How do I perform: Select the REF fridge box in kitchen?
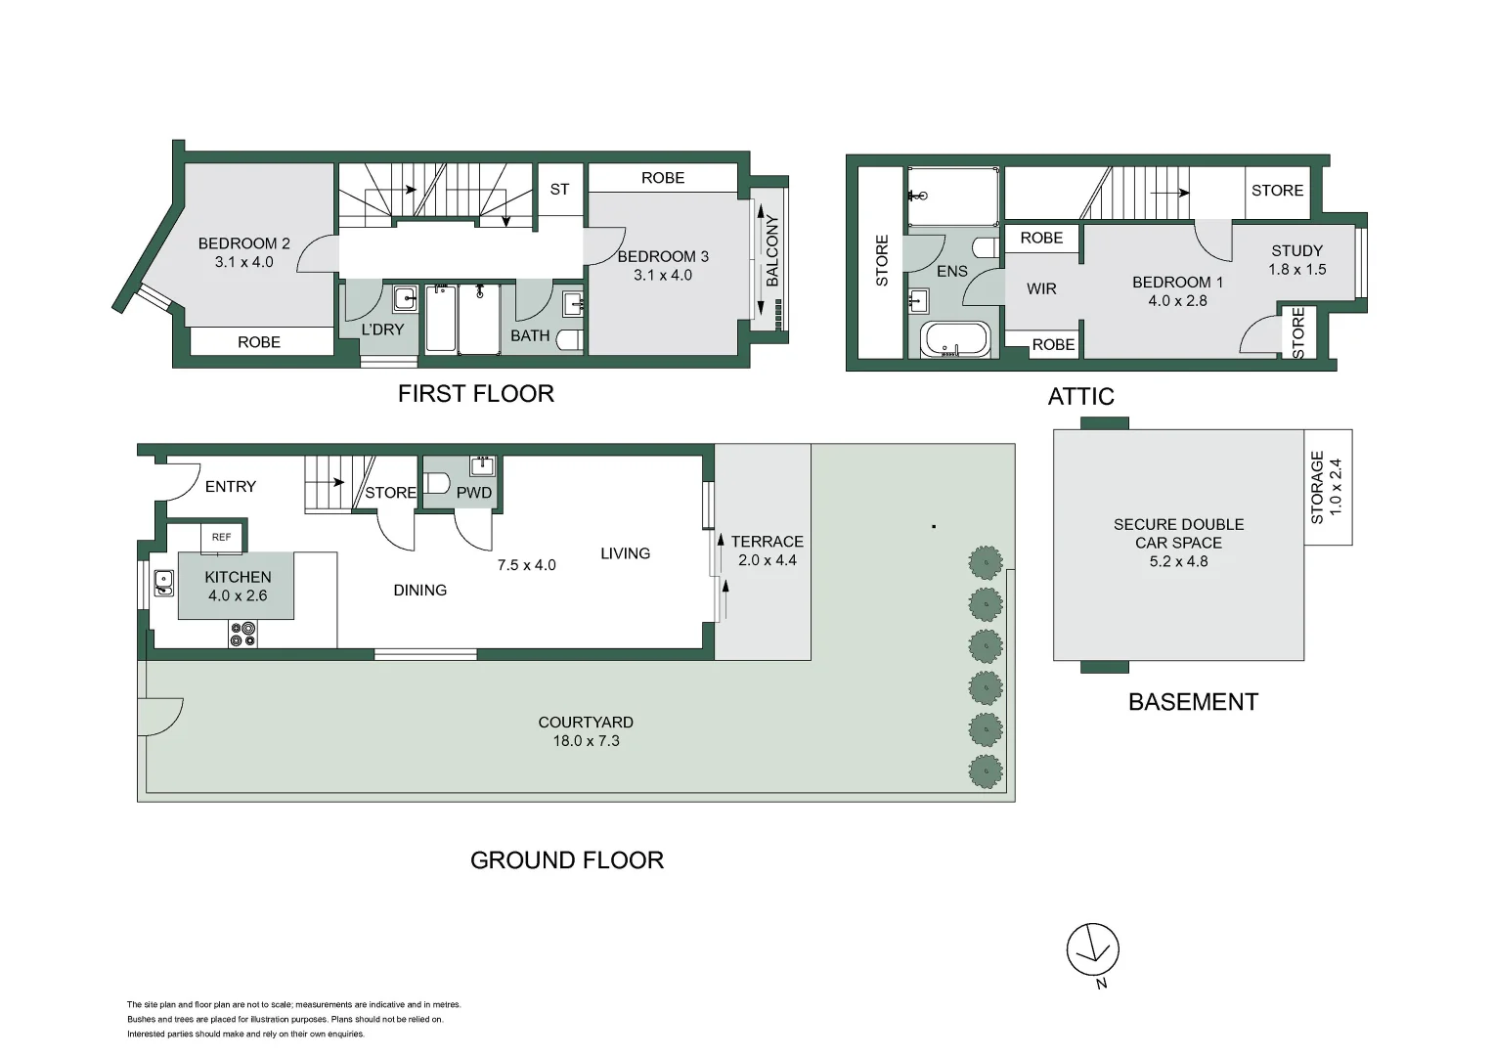(222, 537)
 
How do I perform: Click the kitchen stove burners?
(242, 635)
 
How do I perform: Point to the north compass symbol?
(1092, 950)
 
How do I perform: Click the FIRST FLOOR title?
(475, 393)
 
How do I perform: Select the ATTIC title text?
(1080, 396)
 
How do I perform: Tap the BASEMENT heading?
(1193, 702)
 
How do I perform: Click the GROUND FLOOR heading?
(567, 859)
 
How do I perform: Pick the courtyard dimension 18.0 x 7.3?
(586, 741)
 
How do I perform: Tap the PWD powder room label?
(474, 493)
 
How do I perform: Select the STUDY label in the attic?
(1296, 250)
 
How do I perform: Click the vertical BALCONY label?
(772, 250)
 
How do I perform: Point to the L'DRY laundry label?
(382, 330)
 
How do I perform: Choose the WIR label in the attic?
(1041, 288)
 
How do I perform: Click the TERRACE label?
(767, 541)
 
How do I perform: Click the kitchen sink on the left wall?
(163, 584)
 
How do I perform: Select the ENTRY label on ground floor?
(231, 486)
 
